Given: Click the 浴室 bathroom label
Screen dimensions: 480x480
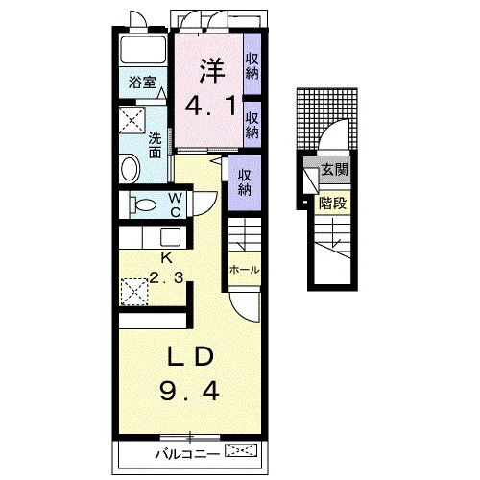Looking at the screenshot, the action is click(x=142, y=83).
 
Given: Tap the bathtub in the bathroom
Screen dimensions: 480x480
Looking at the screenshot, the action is click(x=143, y=49).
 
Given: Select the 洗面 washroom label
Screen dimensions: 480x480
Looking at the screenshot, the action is click(x=156, y=146).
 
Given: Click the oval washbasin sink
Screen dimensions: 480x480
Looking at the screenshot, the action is click(x=130, y=168).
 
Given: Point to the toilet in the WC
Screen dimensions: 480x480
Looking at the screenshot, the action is click(x=143, y=204).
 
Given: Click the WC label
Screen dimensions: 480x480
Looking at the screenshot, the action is click(x=176, y=204).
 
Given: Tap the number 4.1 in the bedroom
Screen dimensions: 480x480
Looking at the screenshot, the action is click(x=211, y=107).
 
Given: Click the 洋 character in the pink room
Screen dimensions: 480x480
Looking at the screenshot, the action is click(x=213, y=70).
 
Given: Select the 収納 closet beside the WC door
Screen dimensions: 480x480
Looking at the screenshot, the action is click(x=245, y=182).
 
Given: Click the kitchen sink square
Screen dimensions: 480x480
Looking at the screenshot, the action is click(x=170, y=238).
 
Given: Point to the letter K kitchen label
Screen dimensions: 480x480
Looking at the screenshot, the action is click(x=166, y=257).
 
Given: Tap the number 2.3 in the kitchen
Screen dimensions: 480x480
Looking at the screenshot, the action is click(x=166, y=277).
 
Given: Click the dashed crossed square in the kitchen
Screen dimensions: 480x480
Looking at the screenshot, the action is click(x=134, y=292).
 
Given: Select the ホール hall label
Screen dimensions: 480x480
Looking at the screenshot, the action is click(x=245, y=270).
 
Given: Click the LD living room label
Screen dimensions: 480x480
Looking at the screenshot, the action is click(x=191, y=357).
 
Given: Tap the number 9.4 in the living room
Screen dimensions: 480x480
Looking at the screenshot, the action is click(x=189, y=392).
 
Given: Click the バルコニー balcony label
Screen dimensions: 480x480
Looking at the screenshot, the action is click(x=187, y=454).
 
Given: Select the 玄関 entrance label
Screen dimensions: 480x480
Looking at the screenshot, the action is click(x=334, y=170).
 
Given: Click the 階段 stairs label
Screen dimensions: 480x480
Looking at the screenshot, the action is click(x=333, y=203).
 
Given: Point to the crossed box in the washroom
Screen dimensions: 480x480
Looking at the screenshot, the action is click(x=132, y=120).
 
